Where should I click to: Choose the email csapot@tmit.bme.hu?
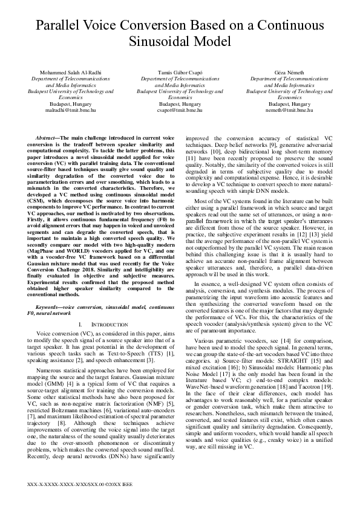tap(180, 111)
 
